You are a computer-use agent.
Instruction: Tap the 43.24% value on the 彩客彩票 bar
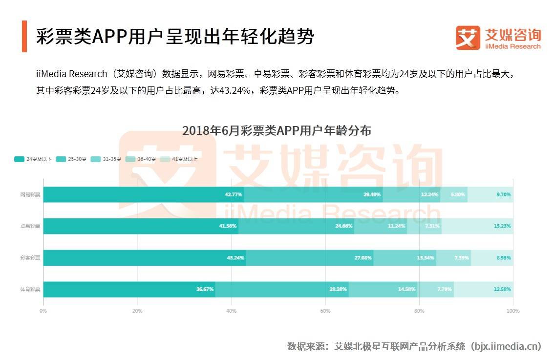point(235,258)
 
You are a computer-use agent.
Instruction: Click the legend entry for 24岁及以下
point(33,159)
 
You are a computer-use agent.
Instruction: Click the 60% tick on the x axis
point(325,311)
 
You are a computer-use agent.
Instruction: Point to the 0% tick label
point(43,311)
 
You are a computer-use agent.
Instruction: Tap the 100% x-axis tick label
point(512,311)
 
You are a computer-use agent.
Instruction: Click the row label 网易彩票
point(30,194)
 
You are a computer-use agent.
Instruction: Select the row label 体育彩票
point(30,289)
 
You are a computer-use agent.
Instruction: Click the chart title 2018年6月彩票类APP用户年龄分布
point(277,131)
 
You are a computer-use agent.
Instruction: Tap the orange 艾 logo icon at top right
point(468,38)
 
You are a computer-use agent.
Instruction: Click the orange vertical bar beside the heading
point(24,36)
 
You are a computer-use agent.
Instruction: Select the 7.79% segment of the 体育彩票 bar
point(436,289)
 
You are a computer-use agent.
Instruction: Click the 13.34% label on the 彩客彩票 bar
point(426,258)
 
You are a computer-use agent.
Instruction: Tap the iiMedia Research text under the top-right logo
point(513,46)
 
